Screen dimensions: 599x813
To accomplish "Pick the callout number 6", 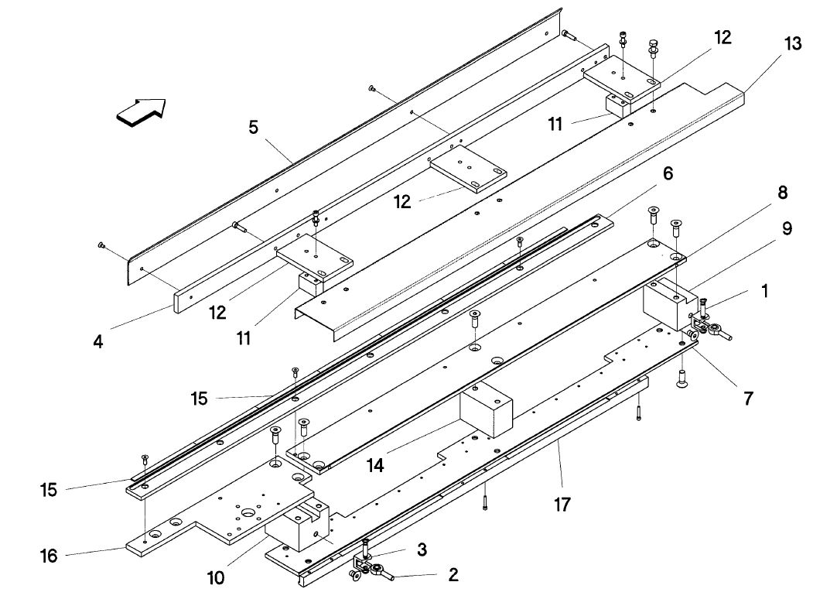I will pyautogui.click(x=666, y=173).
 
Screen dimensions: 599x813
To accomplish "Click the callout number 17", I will pyautogui.click(x=562, y=505).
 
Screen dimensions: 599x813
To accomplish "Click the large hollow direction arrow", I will pyautogui.click(x=142, y=110).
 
